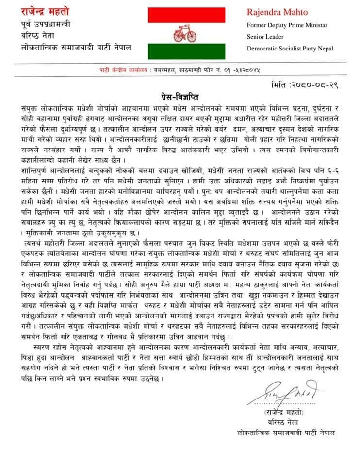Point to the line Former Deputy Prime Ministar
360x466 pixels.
click(287, 25)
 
